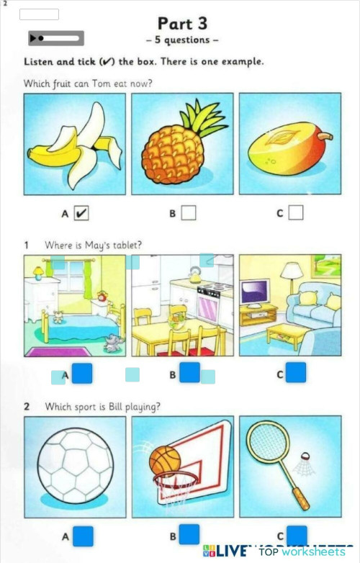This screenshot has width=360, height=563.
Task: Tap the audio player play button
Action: (x=35, y=38)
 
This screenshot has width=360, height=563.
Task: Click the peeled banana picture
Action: (x=75, y=144)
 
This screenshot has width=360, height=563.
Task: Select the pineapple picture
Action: (x=182, y=144)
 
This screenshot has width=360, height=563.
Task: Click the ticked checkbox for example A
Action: (x=81, y=212)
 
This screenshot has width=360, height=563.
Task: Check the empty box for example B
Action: (x=189, y=212)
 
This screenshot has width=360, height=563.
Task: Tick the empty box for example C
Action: (x=295, y=212)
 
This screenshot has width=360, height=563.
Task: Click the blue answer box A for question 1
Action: (x=83, y=373)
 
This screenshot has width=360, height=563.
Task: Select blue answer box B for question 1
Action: (x=189, y=372)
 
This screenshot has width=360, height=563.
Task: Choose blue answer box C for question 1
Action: (x=296, y=372)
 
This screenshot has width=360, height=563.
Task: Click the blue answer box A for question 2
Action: (x=83, y=536)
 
